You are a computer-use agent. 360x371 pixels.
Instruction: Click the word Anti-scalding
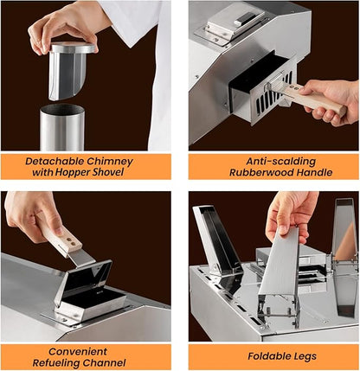pyautogui.click(x=281, y=162)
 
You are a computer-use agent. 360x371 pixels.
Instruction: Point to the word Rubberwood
pyautogui.click(x=260, y=173)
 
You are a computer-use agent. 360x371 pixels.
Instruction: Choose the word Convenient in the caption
pyautogui.click(x=78, y=352)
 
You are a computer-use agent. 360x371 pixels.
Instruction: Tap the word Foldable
pyautogui.click(x=270, y=356)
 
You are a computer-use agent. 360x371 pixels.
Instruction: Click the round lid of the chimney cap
pyautogui.click(x=73, y=48)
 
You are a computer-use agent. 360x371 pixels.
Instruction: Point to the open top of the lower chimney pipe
pyautogui.click(x=62, y=109)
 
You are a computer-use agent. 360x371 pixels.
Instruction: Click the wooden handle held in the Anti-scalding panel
pyautogui.click(x=313, y=99)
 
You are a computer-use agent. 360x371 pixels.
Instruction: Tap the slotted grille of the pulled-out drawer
pyautogui.click(x=273, y=94)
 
